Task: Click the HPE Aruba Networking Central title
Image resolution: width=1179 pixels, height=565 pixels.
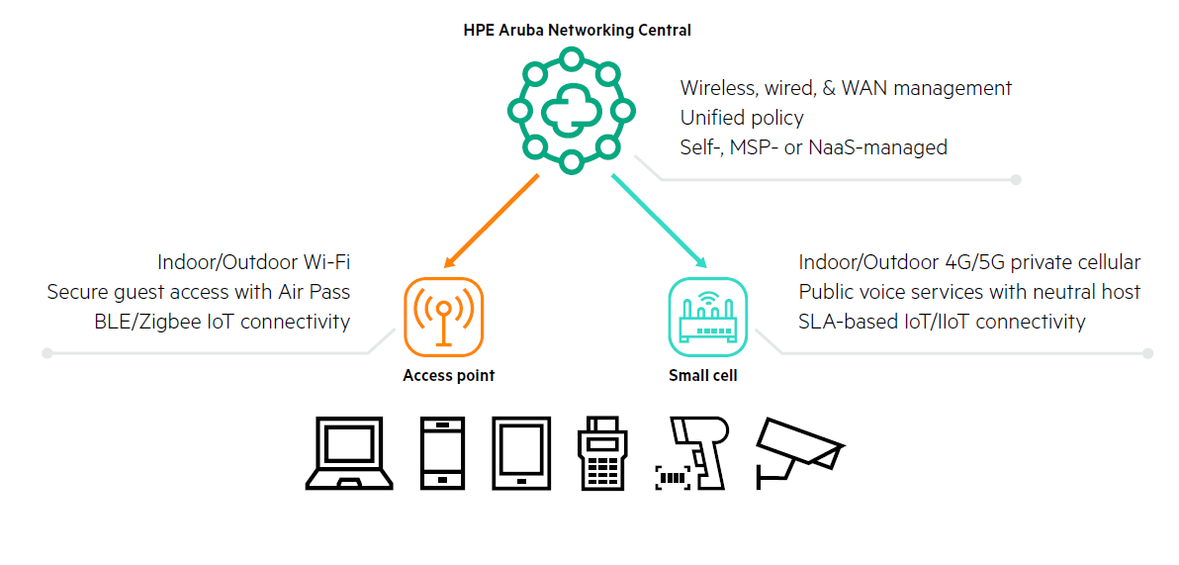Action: click(x=577, y=30)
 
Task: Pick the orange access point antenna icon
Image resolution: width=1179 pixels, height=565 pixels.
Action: click(x=443, y=316)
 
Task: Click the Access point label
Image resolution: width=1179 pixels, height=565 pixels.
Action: click(x=448, y=376)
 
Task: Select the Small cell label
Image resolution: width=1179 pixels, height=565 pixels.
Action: click(x=703, y=376)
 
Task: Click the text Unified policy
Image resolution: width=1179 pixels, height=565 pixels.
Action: click(x=742, y=118)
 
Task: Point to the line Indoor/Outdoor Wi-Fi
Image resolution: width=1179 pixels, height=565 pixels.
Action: click(x=253, y=262)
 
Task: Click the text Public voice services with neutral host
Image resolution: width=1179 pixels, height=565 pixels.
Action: click(x=969, y=292)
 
